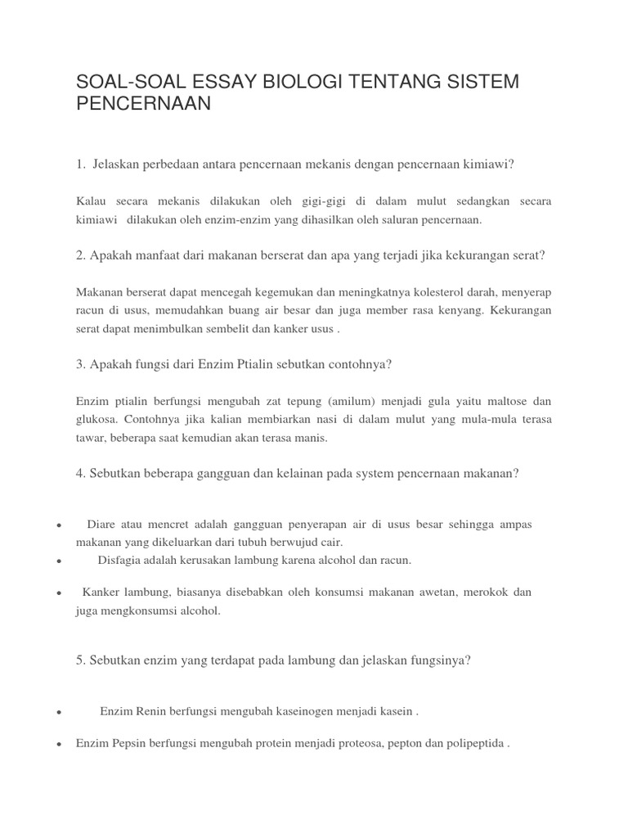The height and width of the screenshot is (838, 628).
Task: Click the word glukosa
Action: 96,419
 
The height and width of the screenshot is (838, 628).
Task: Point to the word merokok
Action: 478,592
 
